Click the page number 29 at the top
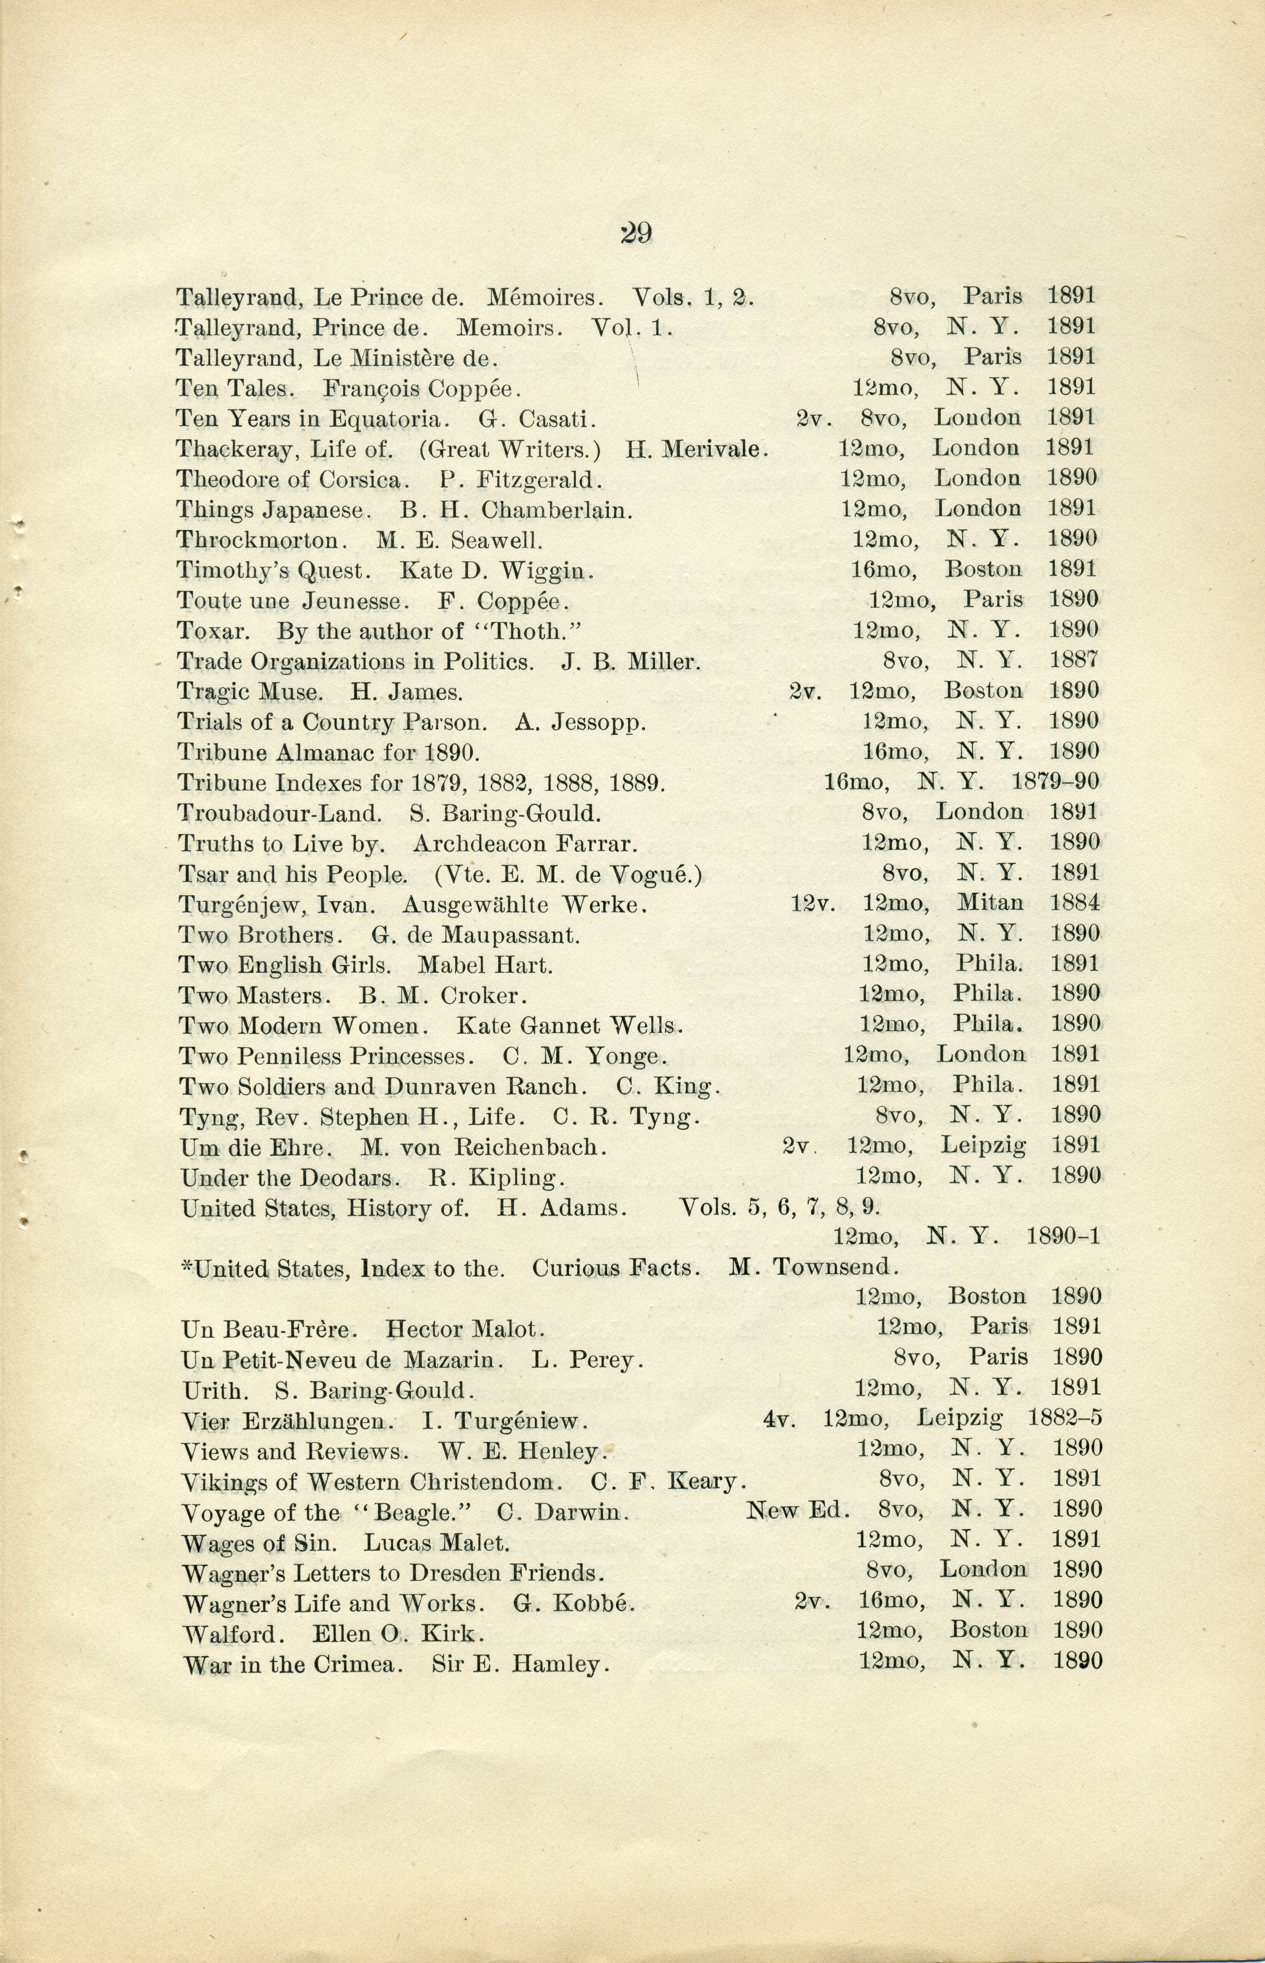click(636, 234)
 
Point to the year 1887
click(1074, 660)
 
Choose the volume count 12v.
click(812, 904)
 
